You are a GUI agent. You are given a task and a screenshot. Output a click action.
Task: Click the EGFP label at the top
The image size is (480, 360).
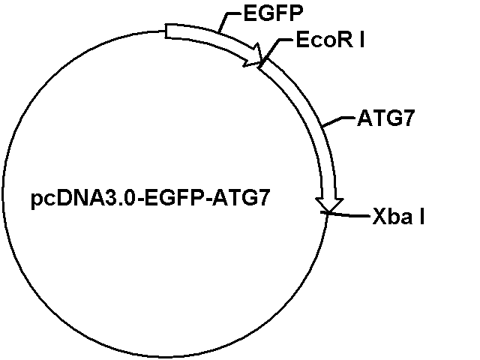[273, 13]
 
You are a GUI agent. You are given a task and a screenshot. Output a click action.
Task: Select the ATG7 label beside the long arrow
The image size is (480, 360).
[385, 118]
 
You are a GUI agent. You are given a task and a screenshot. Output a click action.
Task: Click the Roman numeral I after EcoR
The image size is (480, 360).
[362, 40]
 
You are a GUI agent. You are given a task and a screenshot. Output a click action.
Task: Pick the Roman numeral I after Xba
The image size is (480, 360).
[421, 217]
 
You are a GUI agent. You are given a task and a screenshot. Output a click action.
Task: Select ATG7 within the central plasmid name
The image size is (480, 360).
[241, 198]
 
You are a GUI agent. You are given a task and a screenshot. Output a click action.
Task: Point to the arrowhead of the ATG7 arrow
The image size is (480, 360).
[329, 205]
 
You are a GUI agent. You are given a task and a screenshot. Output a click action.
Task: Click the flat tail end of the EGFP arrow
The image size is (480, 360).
[166, 31]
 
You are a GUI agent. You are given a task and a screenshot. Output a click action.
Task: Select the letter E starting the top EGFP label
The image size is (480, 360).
[250, 13]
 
